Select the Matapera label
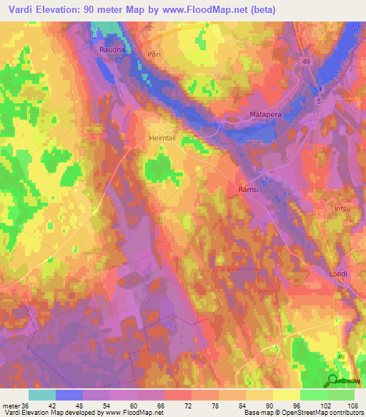266,114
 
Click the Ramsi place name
247,189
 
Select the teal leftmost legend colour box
42,395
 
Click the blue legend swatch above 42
69,395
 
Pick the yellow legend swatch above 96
287,395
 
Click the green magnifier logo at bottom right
333,380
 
